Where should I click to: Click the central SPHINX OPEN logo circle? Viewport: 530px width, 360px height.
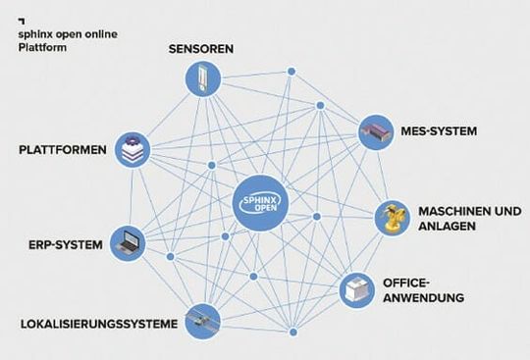point(264,204)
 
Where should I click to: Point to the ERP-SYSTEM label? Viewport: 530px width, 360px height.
point(60,244)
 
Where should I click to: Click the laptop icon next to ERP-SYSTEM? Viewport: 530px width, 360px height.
point(128,241)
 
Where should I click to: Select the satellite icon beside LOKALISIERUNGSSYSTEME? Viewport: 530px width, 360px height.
point(201,319)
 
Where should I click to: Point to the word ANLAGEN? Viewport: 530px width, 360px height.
point(447,226)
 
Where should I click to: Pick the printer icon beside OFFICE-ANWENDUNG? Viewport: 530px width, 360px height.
point(356,289)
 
